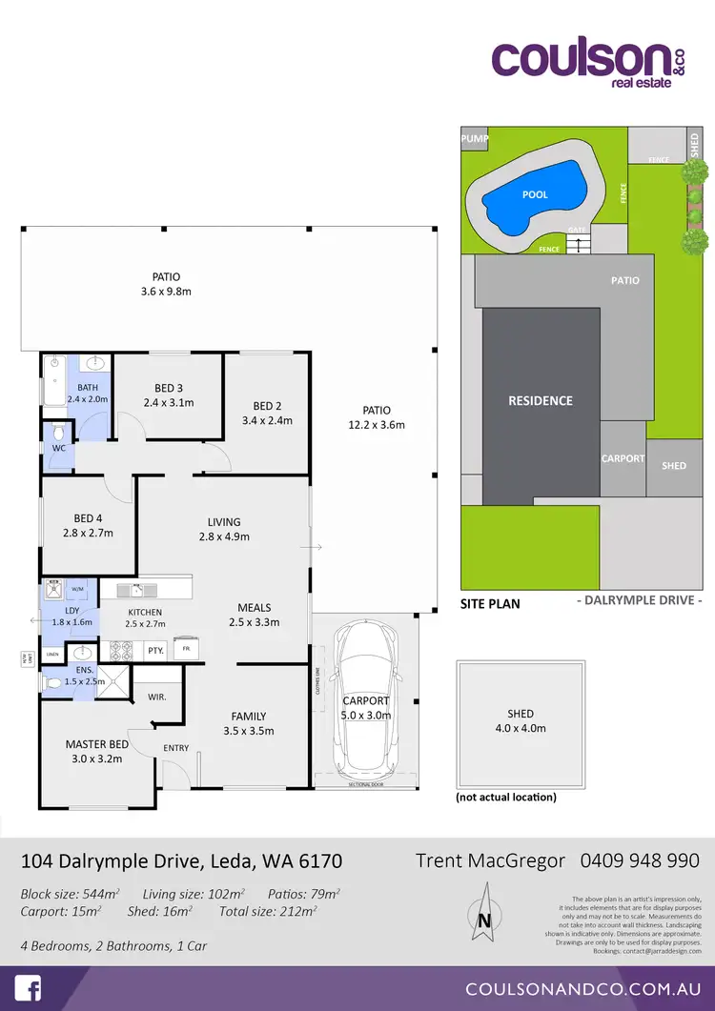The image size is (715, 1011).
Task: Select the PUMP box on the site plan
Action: [x=475, y=139]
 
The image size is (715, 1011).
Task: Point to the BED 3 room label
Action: [x=168, y=388]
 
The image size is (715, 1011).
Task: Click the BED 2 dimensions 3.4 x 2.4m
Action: [x=267, y=420]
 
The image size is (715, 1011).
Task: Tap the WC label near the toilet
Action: [x=59, y=448]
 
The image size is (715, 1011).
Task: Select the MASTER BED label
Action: [x=97, y=744]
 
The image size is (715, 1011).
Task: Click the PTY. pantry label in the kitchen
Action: [x=155, y=651]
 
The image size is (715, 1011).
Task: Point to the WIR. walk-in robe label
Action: [x=156, y=697]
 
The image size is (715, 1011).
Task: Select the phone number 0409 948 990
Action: [x=640, y=860]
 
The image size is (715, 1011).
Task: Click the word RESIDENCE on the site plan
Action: [x=540, y=401]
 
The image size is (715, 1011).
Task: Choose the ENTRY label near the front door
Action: [x=176, y=748]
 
